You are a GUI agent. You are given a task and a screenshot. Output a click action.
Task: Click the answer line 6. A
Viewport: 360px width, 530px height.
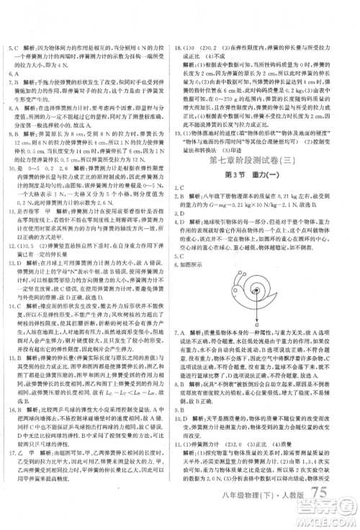point(14,74)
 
